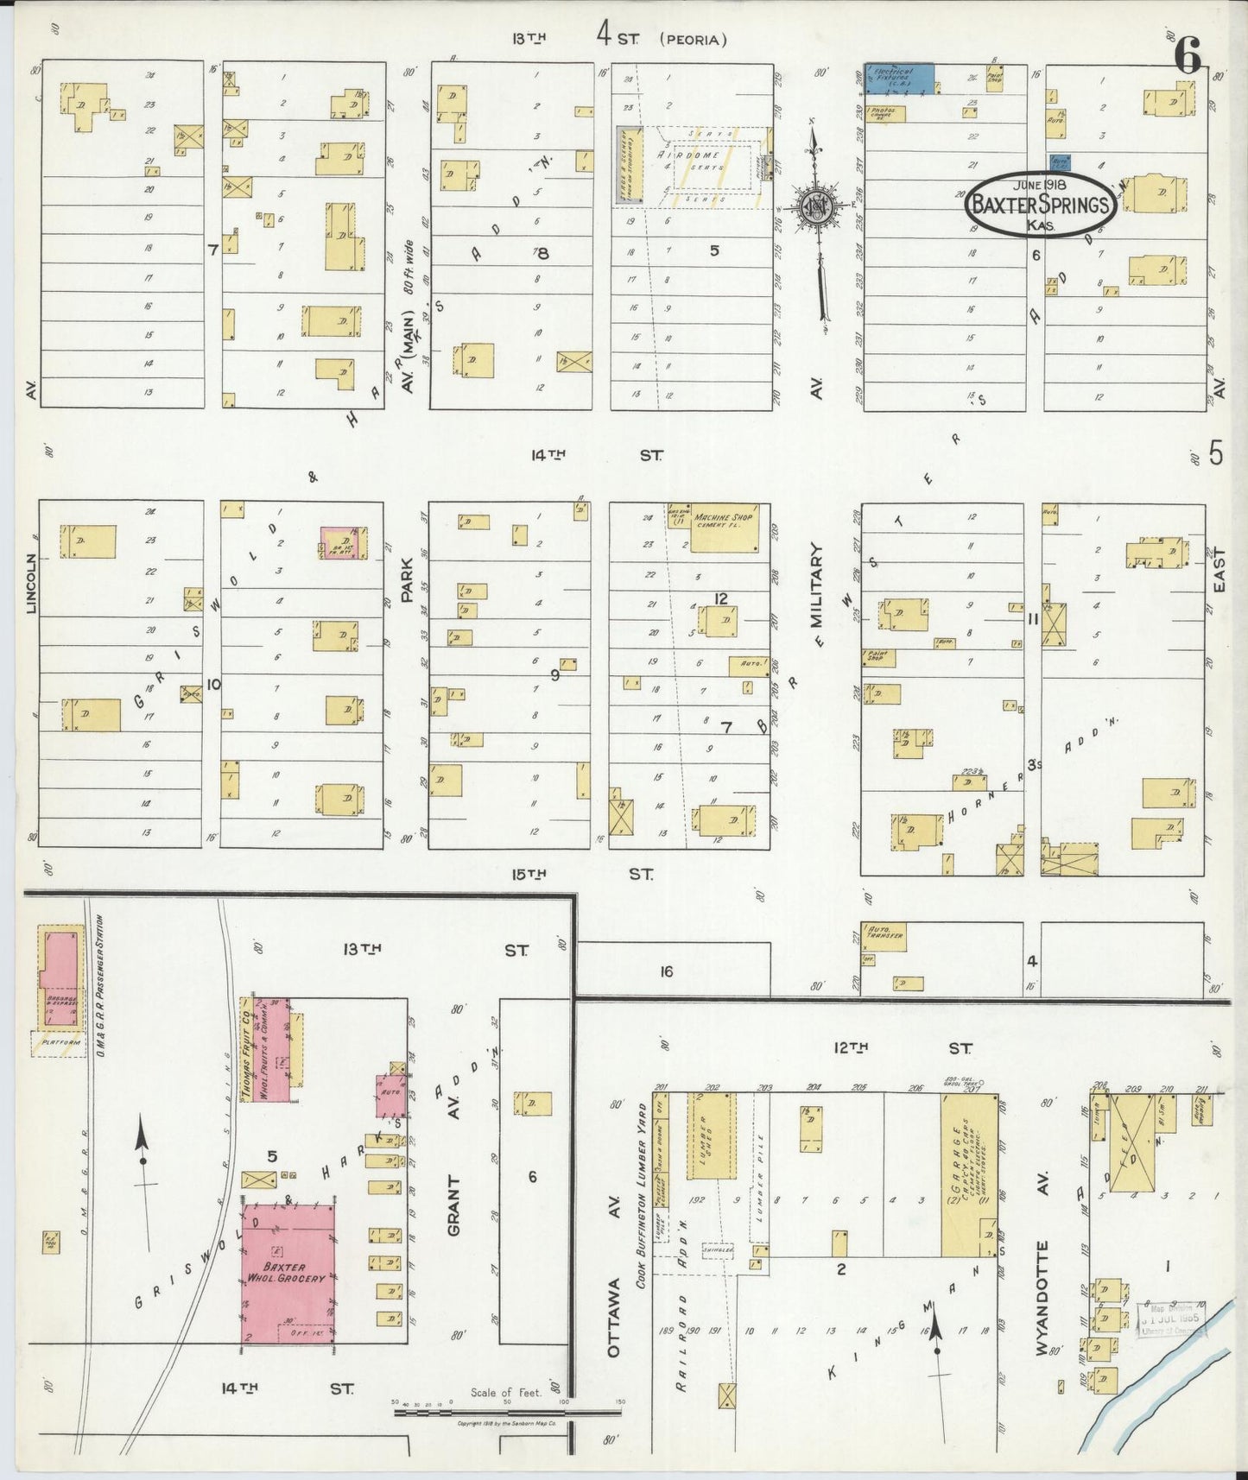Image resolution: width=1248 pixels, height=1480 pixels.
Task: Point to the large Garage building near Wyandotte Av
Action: pyautogui.click(x=968, y=1172)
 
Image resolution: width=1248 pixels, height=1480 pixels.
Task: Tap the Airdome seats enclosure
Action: pyautogui.click(x=713, y=167)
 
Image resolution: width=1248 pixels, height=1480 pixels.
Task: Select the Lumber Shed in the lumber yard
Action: pyautogui.click(x=711, y=1135)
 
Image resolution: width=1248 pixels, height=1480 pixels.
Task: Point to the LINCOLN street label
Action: pyautogui.click(x=32, y=583)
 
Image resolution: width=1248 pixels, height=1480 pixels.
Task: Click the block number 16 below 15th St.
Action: pyautogui.click(x=666, y=971)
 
